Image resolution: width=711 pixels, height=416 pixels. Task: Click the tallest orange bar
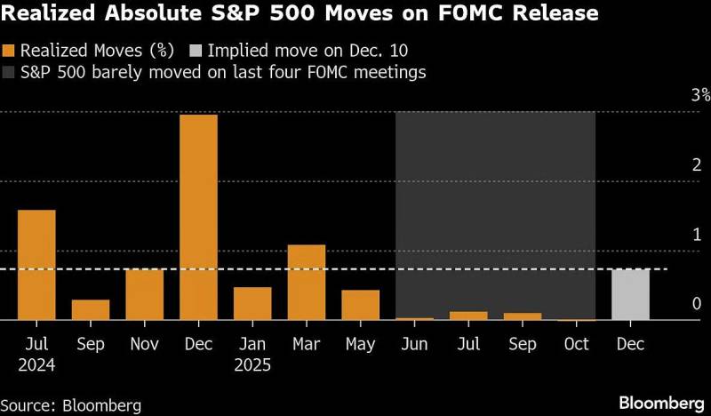click(x=198, y=217)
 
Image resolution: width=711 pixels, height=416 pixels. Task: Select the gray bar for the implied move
click(x=631, y=294)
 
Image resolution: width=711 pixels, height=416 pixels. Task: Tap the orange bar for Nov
click(x=144, y=294)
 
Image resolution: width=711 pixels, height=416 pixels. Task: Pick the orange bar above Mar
click(x=306, y=282)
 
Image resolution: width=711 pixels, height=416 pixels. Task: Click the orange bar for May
click(x=360, y=305)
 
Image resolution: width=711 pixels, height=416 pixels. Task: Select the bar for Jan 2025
click(x=252, y=303)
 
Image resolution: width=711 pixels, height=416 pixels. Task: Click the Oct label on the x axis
click(x=577, y=344)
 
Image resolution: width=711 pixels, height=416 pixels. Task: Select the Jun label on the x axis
click(x=414, y=344)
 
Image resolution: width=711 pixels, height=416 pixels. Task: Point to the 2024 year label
click(x=36, y=364)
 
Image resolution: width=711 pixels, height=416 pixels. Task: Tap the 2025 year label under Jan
click(x=252, y=364)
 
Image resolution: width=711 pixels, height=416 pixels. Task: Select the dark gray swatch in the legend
click(x=8, y=73)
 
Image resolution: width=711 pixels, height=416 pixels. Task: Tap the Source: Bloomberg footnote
click(x=71, y=405)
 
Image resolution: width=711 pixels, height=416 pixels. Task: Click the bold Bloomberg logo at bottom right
click(x=653, y=403)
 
